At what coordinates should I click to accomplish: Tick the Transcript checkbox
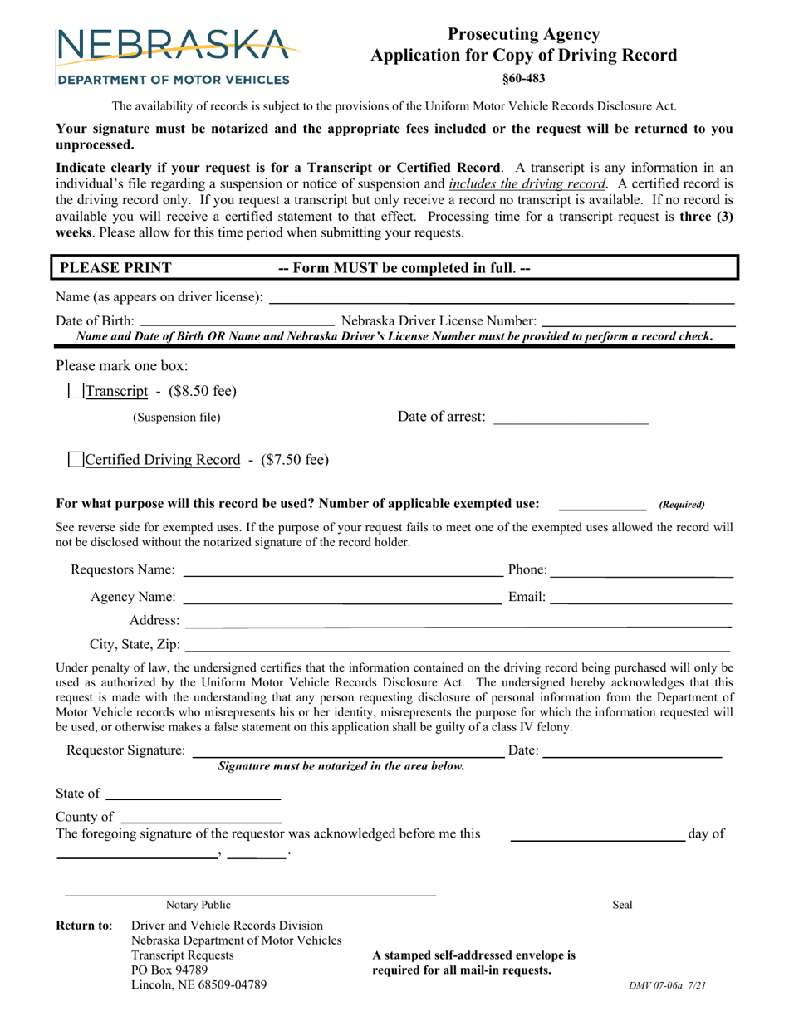point(76,391)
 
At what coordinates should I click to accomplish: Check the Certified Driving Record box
point(76,459)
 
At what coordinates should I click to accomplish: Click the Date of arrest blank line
point(571,418)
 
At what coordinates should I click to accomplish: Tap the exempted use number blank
point(602,504)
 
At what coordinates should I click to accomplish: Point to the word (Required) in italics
point(681,505)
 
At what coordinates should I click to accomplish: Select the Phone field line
point(641,570)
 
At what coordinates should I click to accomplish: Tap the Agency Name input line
point(342,598)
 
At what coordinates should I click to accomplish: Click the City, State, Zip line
point(457,645)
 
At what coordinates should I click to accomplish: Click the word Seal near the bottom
point(622,906)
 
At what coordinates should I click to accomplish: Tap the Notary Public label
point(198,906)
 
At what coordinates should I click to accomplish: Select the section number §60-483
point(523,79)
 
